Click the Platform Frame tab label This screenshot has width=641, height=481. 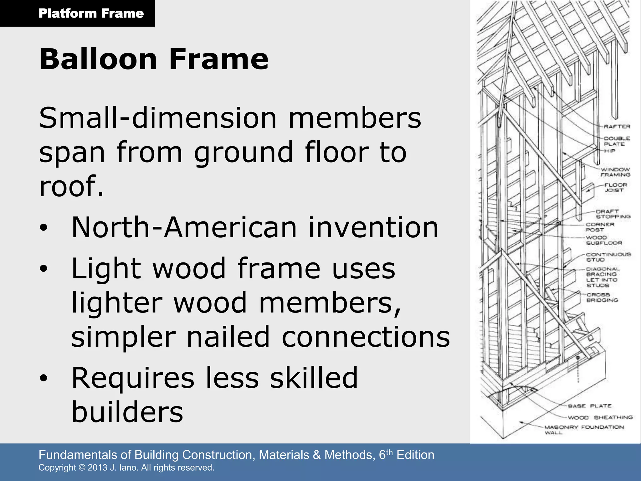click(x=91, y=13)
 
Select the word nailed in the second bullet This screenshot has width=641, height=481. click(x=228, y=337)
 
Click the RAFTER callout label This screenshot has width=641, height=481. click(x=617, y=127)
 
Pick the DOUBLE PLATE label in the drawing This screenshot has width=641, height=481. click(x=617, y=141)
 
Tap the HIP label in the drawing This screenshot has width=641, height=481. click(x=609, y=151)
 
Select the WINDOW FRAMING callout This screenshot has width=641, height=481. click(x=615, y=172)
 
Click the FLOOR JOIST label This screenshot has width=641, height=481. click(x=615, y=187)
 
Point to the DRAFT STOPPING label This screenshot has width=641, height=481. click(x=613, y=214)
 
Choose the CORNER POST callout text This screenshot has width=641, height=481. click(x=600, y=227)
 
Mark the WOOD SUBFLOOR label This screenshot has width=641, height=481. click(x=604, y=240)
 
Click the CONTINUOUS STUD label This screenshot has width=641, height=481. click(x=608, y=257)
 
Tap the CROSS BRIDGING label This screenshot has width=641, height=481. click(x=602, y=297)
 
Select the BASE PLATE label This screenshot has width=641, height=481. click(x=590, y=406)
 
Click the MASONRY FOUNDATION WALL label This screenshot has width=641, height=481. click(x=584, y=429)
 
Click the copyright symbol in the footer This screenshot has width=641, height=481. click(x=82, y=468)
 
